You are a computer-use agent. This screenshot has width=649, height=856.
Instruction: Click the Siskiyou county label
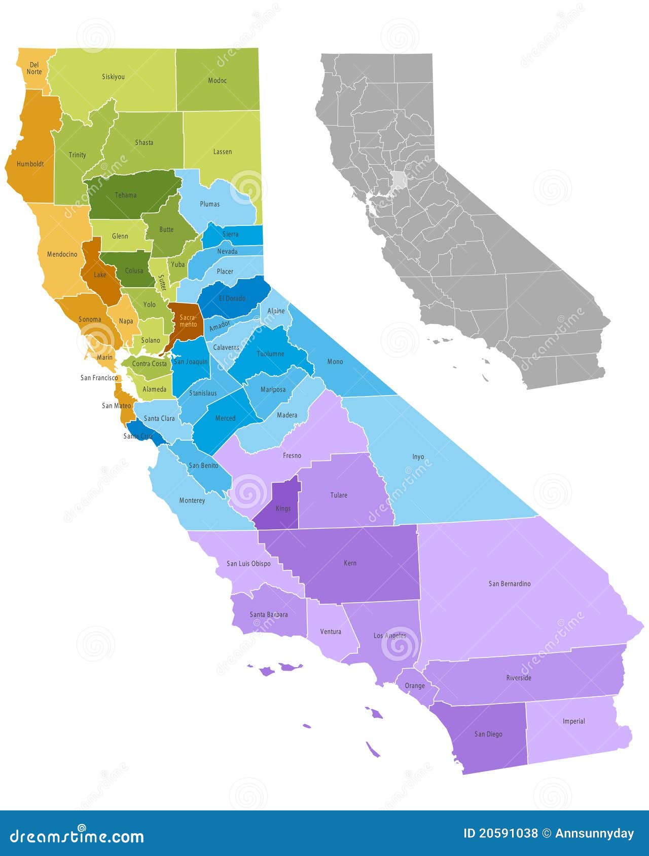[113, 77]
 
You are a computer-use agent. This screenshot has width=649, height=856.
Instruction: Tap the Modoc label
[217, 81]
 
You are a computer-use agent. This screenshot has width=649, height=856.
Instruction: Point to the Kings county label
[283, 509]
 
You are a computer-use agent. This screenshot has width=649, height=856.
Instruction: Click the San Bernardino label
[510, 584]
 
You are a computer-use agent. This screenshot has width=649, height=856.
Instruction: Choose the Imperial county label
[573, 721]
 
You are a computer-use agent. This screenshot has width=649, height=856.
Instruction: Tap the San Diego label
[488, 734]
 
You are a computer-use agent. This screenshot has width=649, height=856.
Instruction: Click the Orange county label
[415, 686]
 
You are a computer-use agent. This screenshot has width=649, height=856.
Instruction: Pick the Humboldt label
[30, 164]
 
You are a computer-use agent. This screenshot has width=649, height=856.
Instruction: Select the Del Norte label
[34, 68]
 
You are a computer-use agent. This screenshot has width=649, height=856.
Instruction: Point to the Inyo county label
[418, 457]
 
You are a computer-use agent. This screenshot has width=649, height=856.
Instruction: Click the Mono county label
[335, 362]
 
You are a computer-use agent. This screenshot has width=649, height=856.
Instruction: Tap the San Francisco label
[99, 378]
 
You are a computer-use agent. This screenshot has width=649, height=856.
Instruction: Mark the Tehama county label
[125, 195]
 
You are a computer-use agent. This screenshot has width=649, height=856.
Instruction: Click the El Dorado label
[232, 298]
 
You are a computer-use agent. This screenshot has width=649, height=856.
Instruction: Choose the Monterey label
[192, 500]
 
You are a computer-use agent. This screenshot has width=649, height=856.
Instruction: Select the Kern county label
[350, 563]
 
